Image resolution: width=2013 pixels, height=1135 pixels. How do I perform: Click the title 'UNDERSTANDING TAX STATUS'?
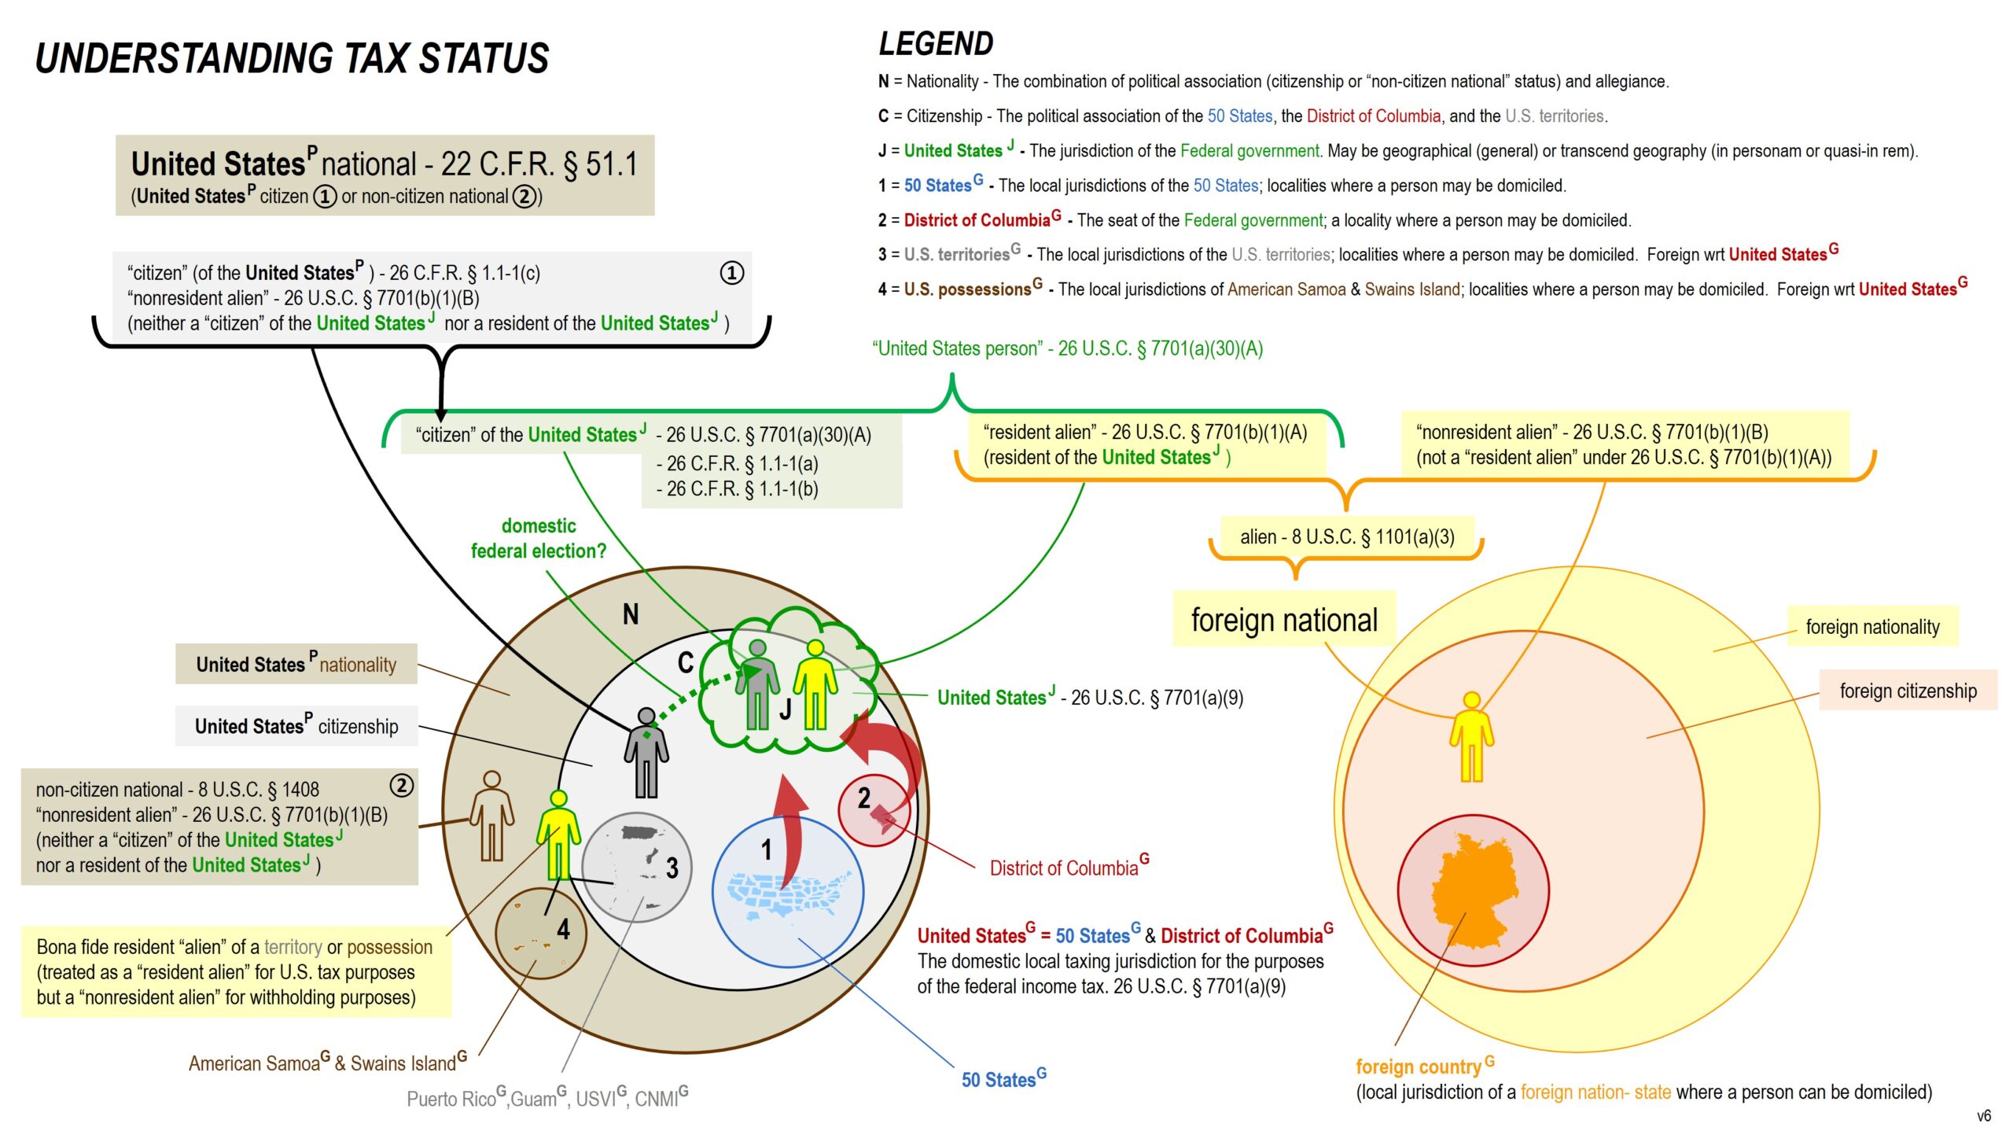292,59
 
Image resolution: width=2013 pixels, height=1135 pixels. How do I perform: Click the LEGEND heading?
936,44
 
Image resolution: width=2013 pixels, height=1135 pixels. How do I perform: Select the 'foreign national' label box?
1284,620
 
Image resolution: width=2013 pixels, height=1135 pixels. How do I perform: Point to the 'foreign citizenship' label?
1908,691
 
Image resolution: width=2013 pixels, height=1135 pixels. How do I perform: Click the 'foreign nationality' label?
1872,627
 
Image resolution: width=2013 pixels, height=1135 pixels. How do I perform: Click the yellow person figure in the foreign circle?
1471,736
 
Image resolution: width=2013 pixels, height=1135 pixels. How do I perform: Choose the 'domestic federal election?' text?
539,538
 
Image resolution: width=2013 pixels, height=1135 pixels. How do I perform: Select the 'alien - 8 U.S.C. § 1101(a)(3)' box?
1347,537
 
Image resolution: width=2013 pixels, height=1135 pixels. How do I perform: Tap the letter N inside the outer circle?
631,614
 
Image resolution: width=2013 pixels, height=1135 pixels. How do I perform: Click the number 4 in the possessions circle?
563,930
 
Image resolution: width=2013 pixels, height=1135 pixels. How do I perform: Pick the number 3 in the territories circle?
672,868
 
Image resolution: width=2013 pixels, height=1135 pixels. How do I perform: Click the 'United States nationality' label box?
296,665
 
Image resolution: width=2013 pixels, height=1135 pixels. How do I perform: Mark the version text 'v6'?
1984,1115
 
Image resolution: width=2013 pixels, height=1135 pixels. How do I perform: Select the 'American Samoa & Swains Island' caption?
327,1063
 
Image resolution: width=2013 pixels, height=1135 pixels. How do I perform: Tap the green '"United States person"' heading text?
1067,348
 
